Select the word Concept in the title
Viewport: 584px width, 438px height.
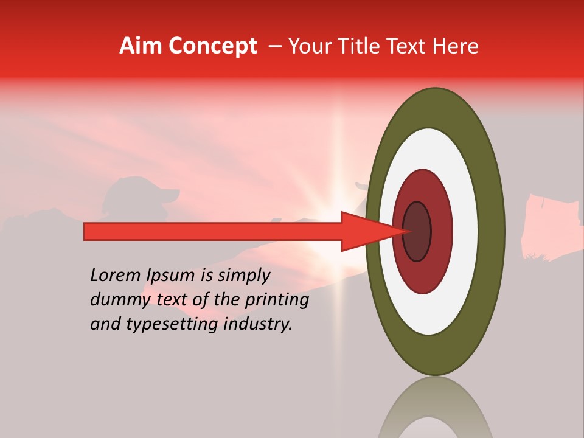click(212, 46)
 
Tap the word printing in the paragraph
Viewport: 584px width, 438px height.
click(277, 301)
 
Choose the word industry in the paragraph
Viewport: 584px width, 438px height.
click(258, 324)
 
